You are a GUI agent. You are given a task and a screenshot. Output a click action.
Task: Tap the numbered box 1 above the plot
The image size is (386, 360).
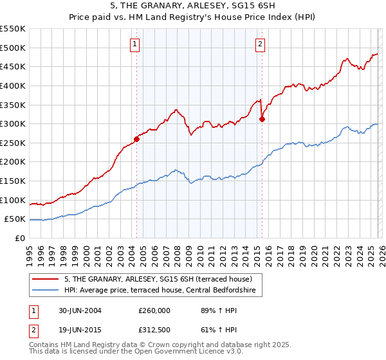coord(135,44)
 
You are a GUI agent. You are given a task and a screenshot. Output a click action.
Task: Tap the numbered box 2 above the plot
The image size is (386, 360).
coord(260,44)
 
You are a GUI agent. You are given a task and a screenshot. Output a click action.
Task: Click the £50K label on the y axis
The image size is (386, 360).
coord(15,219)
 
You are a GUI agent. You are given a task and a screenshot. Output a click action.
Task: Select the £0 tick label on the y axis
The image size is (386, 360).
coord(19,239)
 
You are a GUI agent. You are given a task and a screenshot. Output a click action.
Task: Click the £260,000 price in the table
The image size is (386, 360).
coord(154,310)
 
